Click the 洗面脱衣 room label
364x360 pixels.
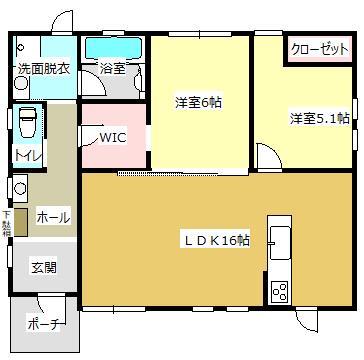pos(43,69)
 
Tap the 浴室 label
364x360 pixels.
pos(111,69)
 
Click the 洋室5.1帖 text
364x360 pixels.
pos(319,118)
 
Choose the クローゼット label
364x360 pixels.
pos(320,49)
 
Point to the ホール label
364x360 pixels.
pos(52,216)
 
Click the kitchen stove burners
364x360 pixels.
pos(279,291)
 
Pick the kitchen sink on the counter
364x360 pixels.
pos(278,240)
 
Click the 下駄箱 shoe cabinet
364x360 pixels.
pos(21,221)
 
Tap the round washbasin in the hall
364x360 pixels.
pos(19,186)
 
